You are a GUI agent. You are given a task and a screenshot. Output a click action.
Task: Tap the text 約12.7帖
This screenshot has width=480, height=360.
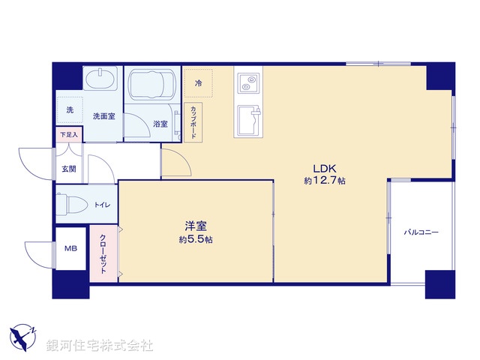324,181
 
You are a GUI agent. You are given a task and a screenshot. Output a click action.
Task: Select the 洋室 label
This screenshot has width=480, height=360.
196,226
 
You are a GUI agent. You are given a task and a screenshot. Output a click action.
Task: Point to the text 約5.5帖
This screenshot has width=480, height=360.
195,239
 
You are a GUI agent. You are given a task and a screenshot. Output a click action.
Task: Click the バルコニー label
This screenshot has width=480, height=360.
421,232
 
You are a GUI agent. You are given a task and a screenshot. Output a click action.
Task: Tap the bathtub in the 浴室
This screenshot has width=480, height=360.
152,86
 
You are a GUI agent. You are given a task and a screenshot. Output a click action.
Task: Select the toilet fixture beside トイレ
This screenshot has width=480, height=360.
71,204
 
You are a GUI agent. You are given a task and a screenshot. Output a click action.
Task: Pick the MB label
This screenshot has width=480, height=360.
70,249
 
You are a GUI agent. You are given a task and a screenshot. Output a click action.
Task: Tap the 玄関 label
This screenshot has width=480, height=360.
69,169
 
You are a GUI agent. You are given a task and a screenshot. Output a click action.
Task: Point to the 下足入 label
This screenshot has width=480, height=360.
68,135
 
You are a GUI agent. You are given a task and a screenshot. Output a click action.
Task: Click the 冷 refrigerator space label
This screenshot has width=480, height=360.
199,82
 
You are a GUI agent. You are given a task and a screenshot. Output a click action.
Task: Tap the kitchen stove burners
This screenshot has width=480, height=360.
249,81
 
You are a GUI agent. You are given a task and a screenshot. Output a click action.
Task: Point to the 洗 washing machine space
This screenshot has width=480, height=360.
70,110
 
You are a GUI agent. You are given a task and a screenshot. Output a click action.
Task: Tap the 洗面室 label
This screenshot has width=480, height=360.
103,116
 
